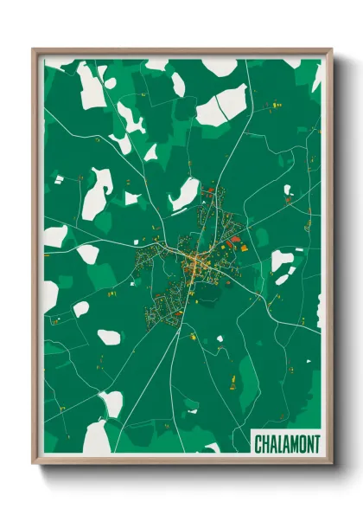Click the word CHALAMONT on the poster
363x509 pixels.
[287, 444]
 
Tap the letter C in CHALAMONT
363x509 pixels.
[258, 444]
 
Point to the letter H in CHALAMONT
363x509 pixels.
[265, 444]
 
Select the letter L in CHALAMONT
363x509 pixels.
[279, 444]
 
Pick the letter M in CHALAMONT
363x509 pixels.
[294, 444]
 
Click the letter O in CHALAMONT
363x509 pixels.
[302, 444]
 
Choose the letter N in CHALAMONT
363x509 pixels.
[309, 444]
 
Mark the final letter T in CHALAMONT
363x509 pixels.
[316, 444]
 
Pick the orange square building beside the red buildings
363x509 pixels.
[244, 248]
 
